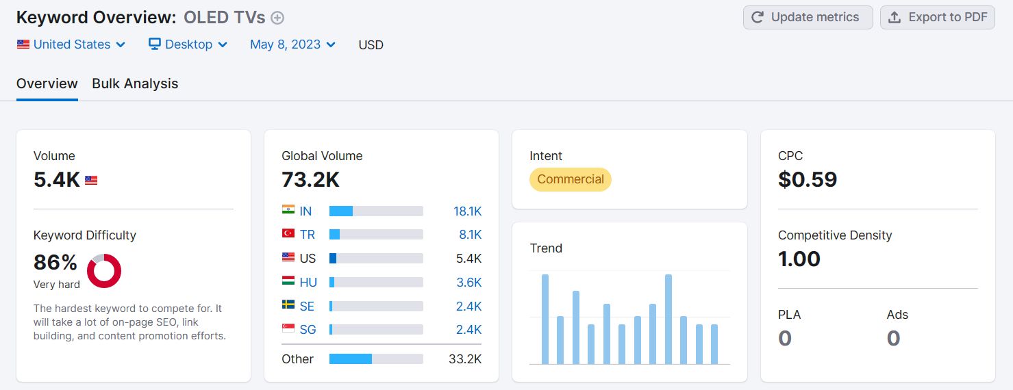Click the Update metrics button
click(808, 18)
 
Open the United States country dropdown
click(71, 44)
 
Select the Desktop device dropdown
click(188, 44)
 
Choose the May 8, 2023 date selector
click(292, 44)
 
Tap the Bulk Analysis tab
click(135, 83)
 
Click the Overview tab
click(47, 83)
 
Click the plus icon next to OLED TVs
click(277, 18)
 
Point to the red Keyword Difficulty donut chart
click(104, 271)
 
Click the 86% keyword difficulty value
click(55, 262)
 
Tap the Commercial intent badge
click(570, 179)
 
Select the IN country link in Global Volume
click(305, 211)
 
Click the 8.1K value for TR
click(470, 235)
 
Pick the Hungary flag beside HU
click(288, 282)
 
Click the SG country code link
click(308, 330)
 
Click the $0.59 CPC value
click(808, 179)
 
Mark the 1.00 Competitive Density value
click(799, 259)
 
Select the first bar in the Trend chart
click(545, 319)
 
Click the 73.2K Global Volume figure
click(310, 179)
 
